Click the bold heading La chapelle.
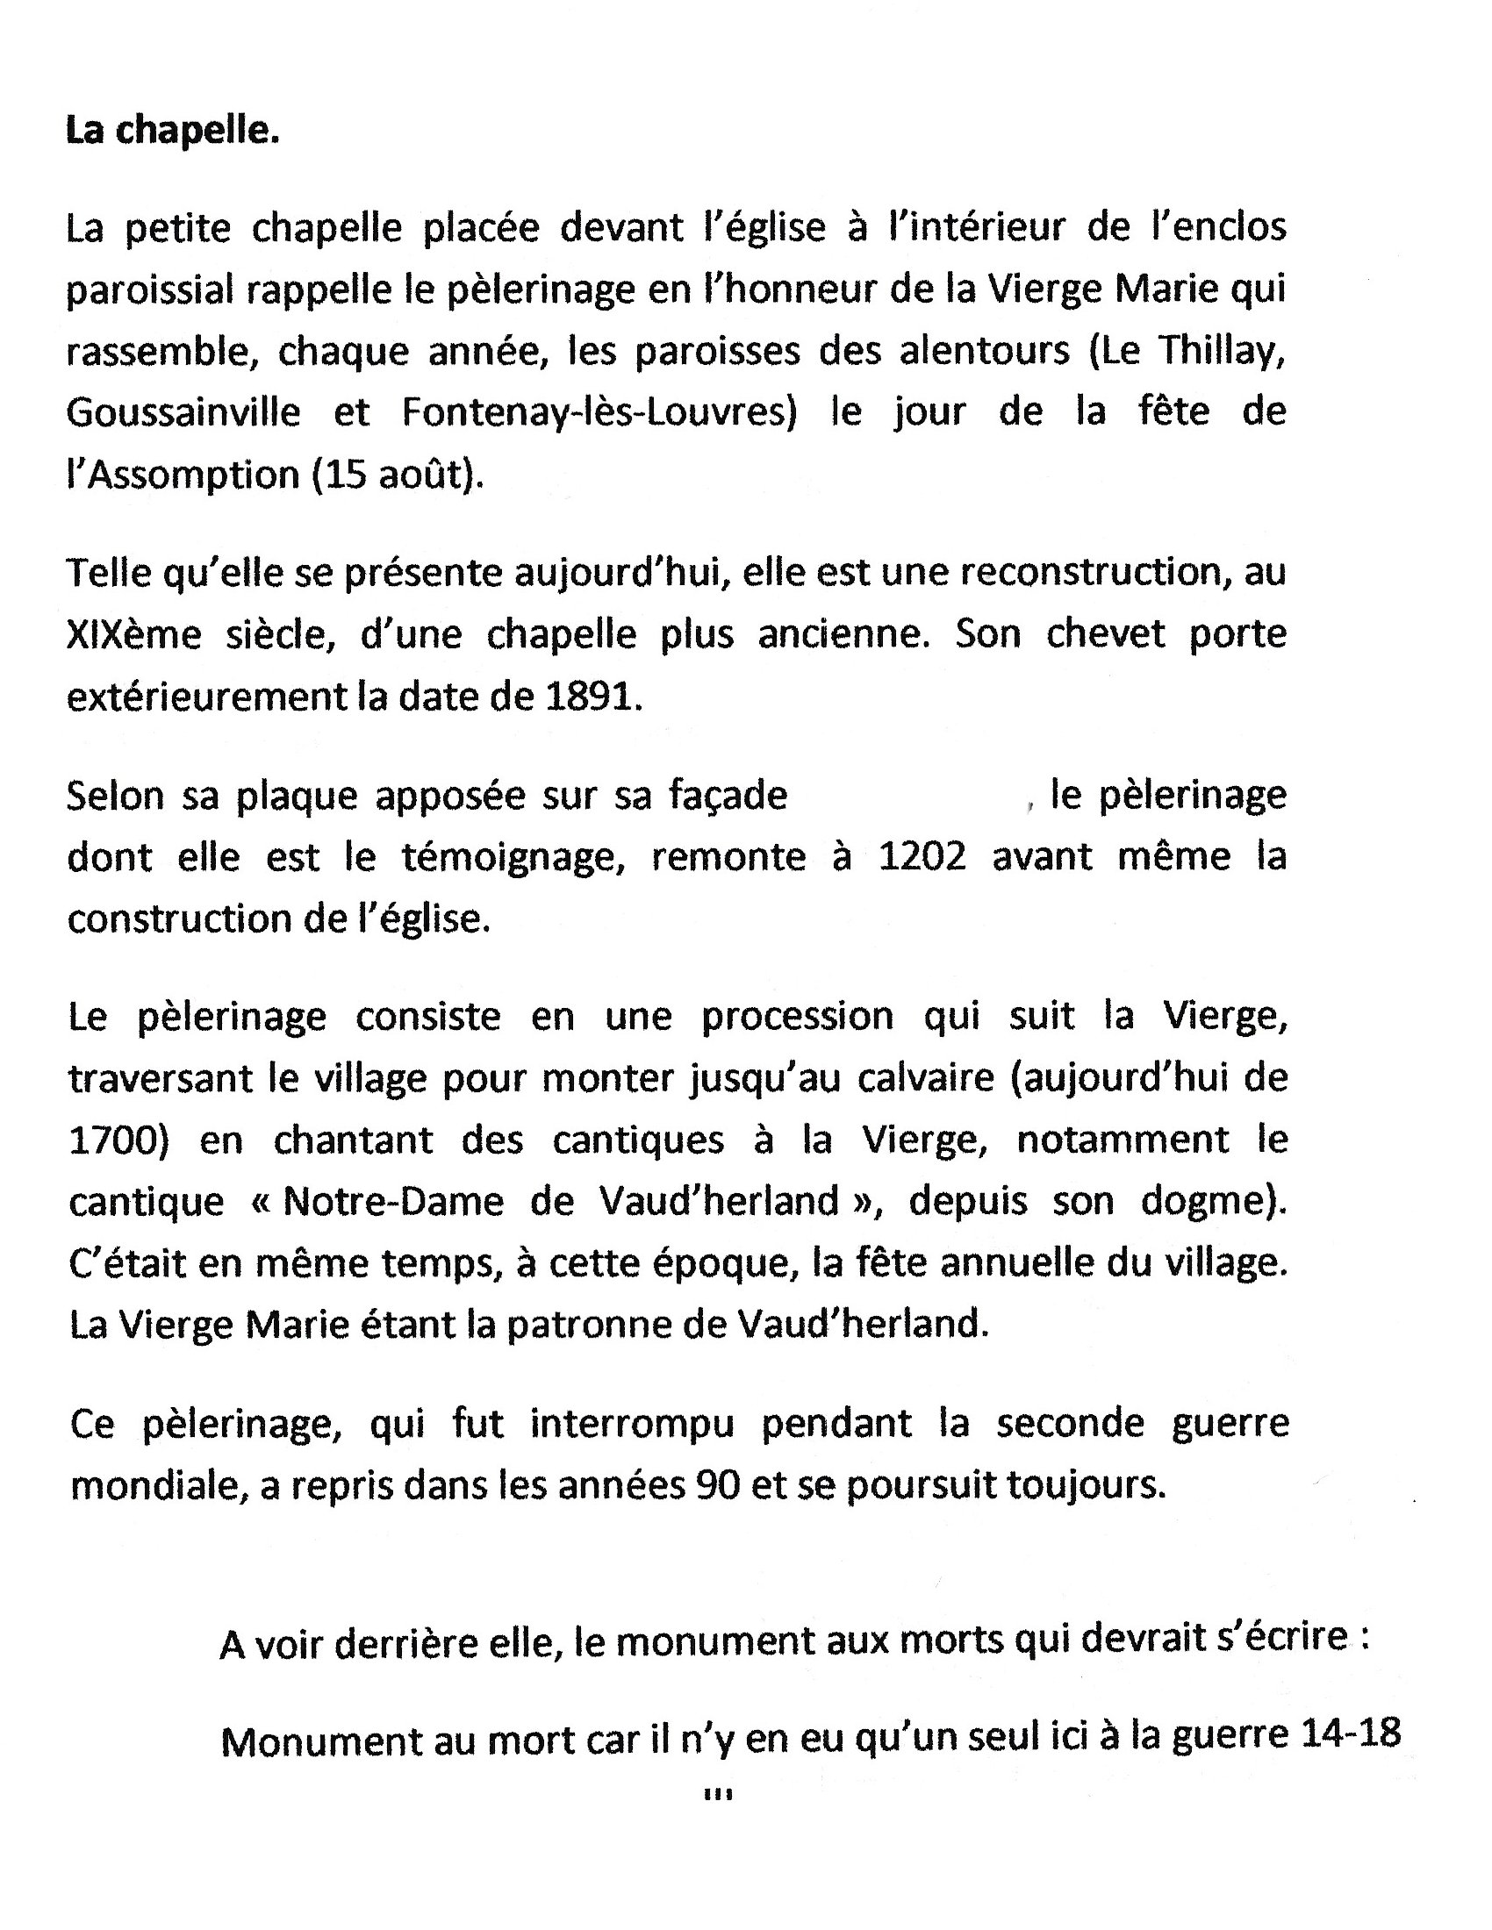tap(172, 131)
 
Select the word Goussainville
tap(183, 412)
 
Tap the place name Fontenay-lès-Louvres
tap(599, 412)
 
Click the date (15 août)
tap(398, 475)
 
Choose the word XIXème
tap(134, 634)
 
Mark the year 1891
tap(591, 697)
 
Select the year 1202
tap(922, 856)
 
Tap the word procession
tap(797, 1016)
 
